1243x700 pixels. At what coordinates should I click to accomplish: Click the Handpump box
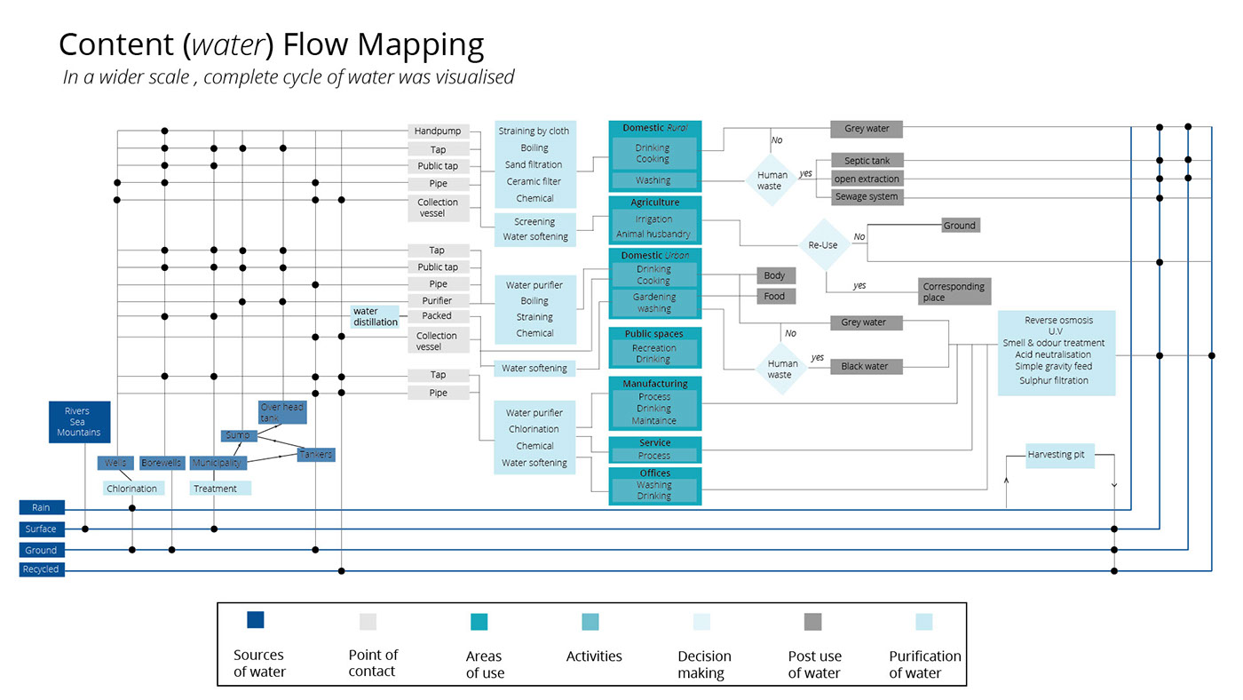(x=438, y=131)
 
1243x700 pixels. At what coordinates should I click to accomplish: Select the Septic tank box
(x=867, y=161)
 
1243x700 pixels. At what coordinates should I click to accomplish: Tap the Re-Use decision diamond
(x=823, y=244)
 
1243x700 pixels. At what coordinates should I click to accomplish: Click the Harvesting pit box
(x=1056, y=455)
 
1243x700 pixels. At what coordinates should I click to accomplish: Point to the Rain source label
(x=42, y=508)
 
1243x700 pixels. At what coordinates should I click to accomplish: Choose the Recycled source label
(x=42, y=569)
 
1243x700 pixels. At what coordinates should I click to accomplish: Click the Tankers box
(x=316, y=455)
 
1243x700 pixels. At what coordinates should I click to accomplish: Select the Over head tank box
(x=282, y=412)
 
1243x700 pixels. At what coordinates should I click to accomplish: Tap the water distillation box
(x=376, y=317)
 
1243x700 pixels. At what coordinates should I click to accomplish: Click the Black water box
(x=865, y=366)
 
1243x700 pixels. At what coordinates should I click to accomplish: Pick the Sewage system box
(x=866, y=196)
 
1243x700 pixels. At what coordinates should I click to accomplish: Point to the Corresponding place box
(x=954, y=291)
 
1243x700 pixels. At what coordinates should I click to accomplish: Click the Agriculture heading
(x=654, y=203)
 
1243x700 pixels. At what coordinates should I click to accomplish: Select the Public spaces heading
(x=654, y=334)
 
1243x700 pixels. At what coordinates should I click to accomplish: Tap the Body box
(x=774, y=276)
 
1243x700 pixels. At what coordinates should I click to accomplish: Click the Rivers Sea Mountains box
(x=80, y=422)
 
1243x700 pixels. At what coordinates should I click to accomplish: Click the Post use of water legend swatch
(x=813, y=622)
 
